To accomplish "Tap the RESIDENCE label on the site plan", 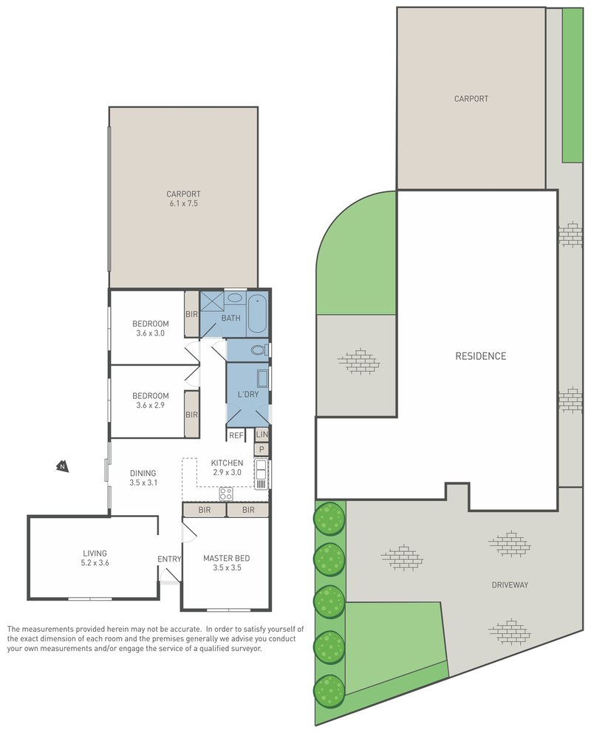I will pyautogui.click(x=480, y=356).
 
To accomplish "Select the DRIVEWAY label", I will pyautogui.click(x=510, y=585).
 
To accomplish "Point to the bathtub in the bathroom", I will pyautogui.click(x=258, y=314).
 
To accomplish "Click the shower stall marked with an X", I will pyautogui.click(x=212, y=301).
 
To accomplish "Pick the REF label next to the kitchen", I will pyautogui.click(x=236, y=436).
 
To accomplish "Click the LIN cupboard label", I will pyautogui.click(x=262, y=435).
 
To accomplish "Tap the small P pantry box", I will pyautogui.click(x=262, y=449).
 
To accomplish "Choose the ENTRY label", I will pyautogui.click(x=169, y=559).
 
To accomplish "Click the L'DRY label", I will pyautogui.click(x=247, y=395).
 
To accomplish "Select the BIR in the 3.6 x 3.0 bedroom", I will pyautogui.click(x=191, y=314).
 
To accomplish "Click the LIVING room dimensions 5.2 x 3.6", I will pyautogui.click(x=95, y=563).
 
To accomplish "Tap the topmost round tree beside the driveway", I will pyautogui.click(x=329, y=518).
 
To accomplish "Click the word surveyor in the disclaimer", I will pyautogui.click(x=245, y=649).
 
